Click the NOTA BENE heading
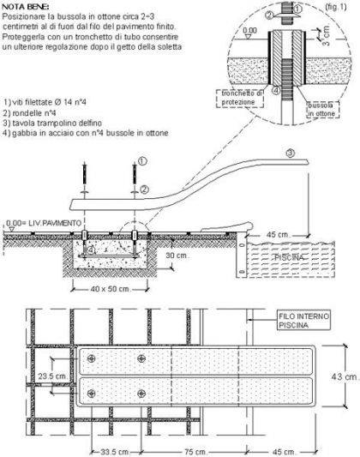click(x=26, y=7)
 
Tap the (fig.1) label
click(x=336, y=7)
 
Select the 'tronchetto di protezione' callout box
click(x=240, y=98)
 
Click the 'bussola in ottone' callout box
click(x=323, y=109)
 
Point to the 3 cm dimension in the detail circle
click(x=327, y=36)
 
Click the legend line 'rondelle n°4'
click(x=30, y=113)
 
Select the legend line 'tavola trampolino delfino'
click(x=53, y=123)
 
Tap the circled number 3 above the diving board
click(x=291, y=153)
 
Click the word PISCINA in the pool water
click(x=289, y=257)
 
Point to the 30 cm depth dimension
click(x=177, y=256)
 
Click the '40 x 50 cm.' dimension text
click(x=110, y=289)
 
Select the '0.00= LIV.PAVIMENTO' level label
click(x=44, y=223)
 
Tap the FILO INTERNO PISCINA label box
click(x=303, y=321)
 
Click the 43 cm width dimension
click(x=345, y=376)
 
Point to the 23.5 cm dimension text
click(x=53, y=376)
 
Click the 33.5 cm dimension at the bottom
click(x=114, y=452)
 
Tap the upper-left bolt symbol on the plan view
click(x=92, y=358)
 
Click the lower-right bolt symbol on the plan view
click(x=141, y=394)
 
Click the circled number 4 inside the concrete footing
click(x=91, y=250)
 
